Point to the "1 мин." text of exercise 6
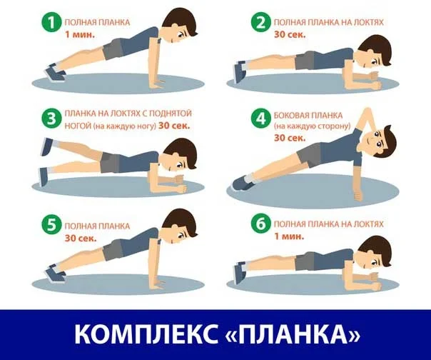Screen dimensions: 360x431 tap(283, 235)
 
